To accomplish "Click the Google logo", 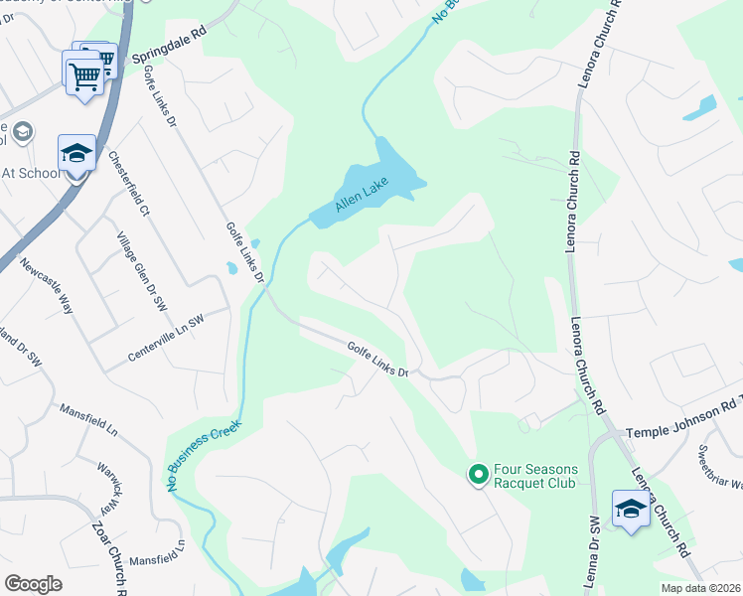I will pyautogui.click(x=33, y=584).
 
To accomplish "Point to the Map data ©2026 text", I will pyautogui.click(x=699, y=588).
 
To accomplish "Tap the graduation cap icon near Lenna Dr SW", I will pyautogui.click(x=630, y=509).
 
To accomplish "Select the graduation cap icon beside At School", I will pyautogui.click(x=76, y=153).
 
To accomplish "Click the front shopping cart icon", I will pyautogui.click(x=83, y=74).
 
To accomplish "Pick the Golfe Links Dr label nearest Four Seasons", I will pyautogui.click(x=378, y=360).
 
